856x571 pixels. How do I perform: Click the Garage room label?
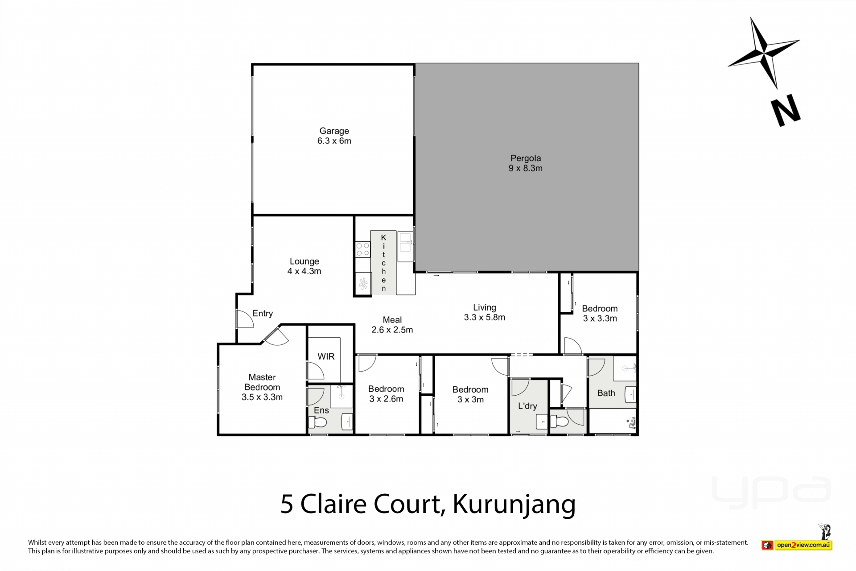[x=334, y=131]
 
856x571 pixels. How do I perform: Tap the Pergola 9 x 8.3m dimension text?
[x=526, y=168]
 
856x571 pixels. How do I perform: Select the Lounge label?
[x=305, y=261]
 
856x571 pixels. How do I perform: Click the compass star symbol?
[x=764, y=53]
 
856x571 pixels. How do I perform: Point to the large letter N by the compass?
[x=786, y=110]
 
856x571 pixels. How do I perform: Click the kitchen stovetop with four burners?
[x=363, y=249]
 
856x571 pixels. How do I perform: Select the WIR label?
[x=326, y=356]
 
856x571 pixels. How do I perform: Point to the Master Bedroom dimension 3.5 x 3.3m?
[x=262, y=397]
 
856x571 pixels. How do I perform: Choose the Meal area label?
[x=392, y=320]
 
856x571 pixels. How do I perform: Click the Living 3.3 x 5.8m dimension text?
[x=485, y=317]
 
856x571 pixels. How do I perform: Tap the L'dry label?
[x=527, y=406]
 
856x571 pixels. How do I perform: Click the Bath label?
[x=606, y=393]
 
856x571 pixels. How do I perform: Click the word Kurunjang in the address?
[x=514, y=504]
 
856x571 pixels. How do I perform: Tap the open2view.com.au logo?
[x=797, y=545]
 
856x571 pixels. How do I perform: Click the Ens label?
[x=321, y=410]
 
